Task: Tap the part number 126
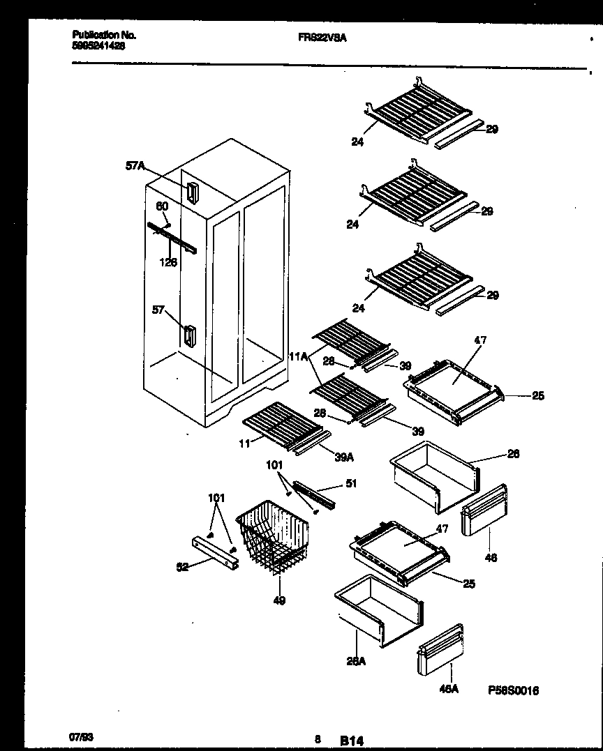pyautogui.click(x=168, y=262)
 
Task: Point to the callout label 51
pyautogui.click(x=351, y=483)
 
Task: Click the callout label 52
pyautogui.click(x=182, y=567)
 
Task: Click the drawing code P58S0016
pyautogui.click(x=513, y=690)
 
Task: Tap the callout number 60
pyautogui.click(x=161, y=206)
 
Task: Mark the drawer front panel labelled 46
pyautogui.click(x=484, y=510)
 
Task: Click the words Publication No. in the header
pyautogui.click(x=104, y=34)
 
